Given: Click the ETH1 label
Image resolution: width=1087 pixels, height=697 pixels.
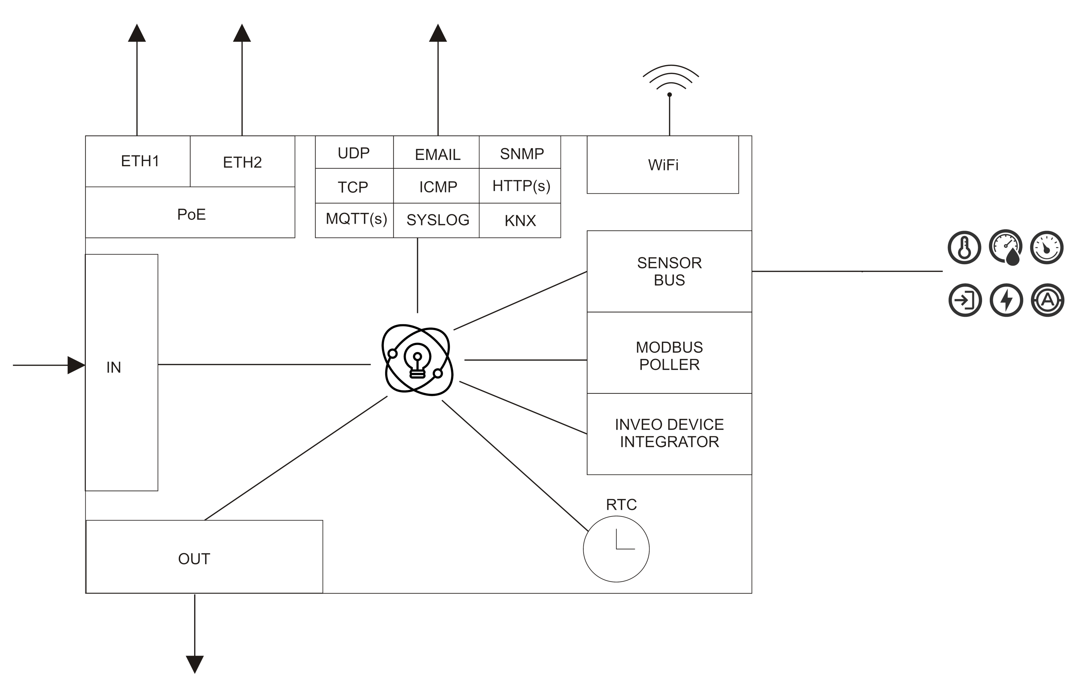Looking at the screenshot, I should pyautogui.click(x=140, y=161).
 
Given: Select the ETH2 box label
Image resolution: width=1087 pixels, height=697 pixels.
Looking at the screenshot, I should pyautogui.click(x=242, y=162).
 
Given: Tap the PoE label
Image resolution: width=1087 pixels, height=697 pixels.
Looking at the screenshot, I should pyautogui.click(x=191, y=214).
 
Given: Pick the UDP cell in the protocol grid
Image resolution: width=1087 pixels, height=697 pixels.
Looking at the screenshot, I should pyautogui.click(x=354, y=153).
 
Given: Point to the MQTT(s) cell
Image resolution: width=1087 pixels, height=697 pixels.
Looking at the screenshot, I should pyautogui.click(x=356, y=219).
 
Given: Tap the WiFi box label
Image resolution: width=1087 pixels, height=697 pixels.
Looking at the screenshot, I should pyautogui.click(x=663, y=165).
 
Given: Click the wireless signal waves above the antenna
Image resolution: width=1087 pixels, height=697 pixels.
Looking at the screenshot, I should pyautogui.click(x=670, y=77).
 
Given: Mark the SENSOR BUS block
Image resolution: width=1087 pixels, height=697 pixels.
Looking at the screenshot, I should pyautogui.click(x=669, y=271).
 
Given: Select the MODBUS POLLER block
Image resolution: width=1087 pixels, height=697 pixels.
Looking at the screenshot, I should pyautogui.click(x=669, y=356).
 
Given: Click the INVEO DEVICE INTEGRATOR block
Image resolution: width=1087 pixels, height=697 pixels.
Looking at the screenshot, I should pyautogui.click(x=669, y=433).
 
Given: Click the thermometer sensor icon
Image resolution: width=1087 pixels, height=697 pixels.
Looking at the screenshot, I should pyautogui.click(x=964, y=247).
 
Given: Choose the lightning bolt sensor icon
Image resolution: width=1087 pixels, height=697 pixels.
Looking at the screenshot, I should pyautogui.click(x=1006, y=300).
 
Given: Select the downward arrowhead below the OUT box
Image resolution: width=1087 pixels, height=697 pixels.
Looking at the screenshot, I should pyautogui.click(x=195, y=664).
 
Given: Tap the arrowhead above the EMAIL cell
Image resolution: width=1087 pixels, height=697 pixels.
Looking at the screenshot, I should pyautogui.click(x=438, y=33).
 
